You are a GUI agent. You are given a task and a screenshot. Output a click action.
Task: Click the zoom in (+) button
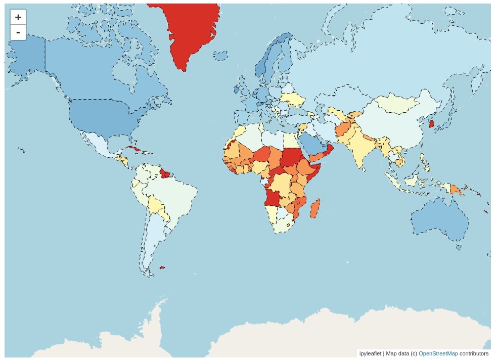pos(18,17)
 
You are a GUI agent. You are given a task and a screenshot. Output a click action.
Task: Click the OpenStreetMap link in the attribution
pos(438,353)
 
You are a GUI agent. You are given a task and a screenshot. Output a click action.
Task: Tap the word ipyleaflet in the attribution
pos(370,353)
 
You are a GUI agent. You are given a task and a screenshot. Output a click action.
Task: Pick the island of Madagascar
pos(314,208)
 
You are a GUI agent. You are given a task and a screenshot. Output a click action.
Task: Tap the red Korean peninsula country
pos(431,124)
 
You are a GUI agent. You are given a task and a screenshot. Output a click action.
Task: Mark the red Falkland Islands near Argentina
pos(162,267)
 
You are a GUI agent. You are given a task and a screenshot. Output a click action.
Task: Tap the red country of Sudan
pos(291,157)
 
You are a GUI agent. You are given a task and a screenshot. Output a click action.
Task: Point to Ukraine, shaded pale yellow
pos(293,99)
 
